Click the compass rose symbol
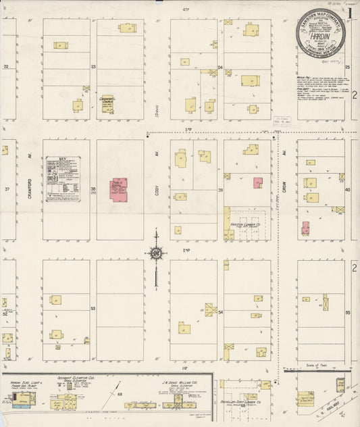(156, 253)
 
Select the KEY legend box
(63, 179)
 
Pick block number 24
(220, 68)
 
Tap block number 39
(220, 191)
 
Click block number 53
(93, 308)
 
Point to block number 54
(220, 313)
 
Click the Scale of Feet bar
(315, 371)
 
